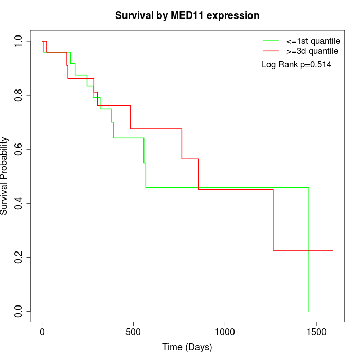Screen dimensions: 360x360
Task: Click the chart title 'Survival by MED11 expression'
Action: coord(187,16)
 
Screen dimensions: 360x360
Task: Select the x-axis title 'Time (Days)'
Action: coord(187,347)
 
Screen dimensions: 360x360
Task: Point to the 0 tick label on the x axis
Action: coord(42,333)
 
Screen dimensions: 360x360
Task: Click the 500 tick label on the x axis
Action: coord(133,333)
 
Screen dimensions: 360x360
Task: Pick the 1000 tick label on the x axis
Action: coord(225,333)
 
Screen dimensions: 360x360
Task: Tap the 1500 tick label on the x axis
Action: coord(316,333)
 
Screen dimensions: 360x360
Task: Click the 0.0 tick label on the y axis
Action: coord(19,311)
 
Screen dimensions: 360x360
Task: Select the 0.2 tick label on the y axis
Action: coord(19,257)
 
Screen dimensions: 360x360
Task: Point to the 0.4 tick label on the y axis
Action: coord(19,203)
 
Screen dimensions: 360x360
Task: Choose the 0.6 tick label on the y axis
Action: coord(19,149)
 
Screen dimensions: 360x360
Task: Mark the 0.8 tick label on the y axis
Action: coord(19,95)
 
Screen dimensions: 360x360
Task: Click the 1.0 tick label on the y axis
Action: coord(19,41)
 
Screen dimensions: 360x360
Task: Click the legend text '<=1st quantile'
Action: coord(313,40)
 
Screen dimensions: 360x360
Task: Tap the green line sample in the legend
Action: coord(271,40)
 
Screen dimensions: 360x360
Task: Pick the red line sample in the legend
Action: coord(271,51)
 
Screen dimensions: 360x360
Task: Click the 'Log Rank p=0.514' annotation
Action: coord(296,65)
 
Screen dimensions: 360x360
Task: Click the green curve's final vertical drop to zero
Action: coord(309,252)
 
